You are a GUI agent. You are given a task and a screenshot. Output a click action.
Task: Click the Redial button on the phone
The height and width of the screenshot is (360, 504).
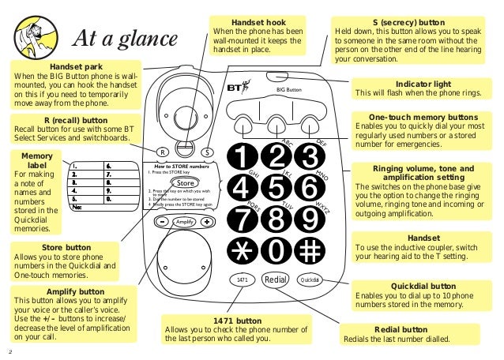276,279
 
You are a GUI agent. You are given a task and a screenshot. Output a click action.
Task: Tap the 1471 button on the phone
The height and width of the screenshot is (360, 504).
243,279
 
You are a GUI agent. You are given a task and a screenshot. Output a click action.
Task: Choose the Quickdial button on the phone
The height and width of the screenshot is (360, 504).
310,279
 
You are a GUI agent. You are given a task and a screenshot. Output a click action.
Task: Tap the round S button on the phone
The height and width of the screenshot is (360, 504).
206,151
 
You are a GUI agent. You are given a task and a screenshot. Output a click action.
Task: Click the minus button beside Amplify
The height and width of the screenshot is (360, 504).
162,222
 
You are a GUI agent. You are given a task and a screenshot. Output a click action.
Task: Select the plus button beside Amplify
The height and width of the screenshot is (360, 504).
207,222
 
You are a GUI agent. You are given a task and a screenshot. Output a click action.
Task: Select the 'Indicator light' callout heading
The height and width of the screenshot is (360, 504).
424,83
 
